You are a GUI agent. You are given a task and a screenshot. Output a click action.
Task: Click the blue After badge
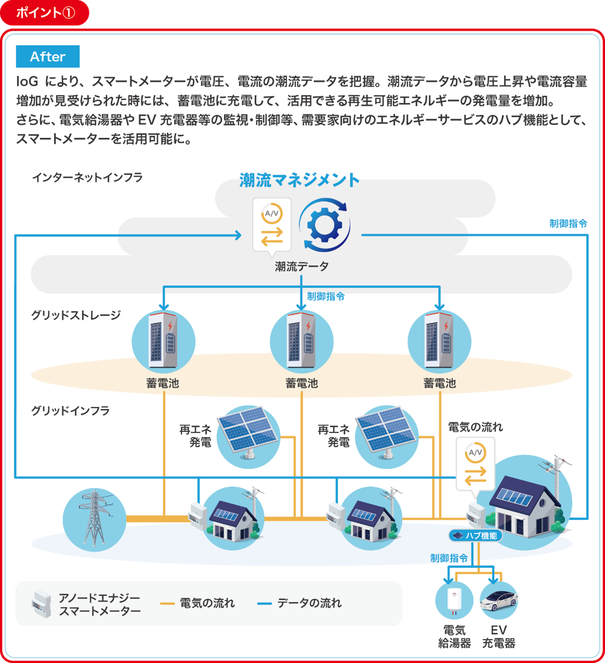coord(47,56)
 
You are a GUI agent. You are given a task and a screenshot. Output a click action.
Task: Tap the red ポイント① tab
coord(45,13)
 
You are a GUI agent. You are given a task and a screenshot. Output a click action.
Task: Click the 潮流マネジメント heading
coord(299,180)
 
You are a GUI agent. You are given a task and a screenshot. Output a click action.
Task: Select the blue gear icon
coord(325,225)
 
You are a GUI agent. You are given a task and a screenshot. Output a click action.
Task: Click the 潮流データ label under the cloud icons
coord(302,267)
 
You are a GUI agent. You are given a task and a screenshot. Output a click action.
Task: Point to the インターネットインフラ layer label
coord(87,178)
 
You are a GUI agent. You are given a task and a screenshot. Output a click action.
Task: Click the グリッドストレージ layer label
coord(76,315)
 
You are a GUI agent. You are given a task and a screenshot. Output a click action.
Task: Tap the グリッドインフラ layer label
coord(70,411)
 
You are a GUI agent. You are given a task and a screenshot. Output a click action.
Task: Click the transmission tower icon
coord(94,519)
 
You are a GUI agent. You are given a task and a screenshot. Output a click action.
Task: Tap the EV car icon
coord(499,600)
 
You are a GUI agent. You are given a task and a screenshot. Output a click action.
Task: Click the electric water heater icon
coord(454,600)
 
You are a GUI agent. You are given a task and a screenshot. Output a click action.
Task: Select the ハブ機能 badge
coord(475,536)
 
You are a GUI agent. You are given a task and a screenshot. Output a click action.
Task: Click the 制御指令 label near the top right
coord(568,224)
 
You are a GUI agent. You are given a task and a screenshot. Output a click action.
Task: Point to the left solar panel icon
coord(248,436)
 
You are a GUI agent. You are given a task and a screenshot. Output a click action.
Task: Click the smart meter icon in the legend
coord(41,604)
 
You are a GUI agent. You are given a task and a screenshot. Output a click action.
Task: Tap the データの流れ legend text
coord(309,604)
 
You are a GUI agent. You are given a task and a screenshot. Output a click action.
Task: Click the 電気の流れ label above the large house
coord(475,427)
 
